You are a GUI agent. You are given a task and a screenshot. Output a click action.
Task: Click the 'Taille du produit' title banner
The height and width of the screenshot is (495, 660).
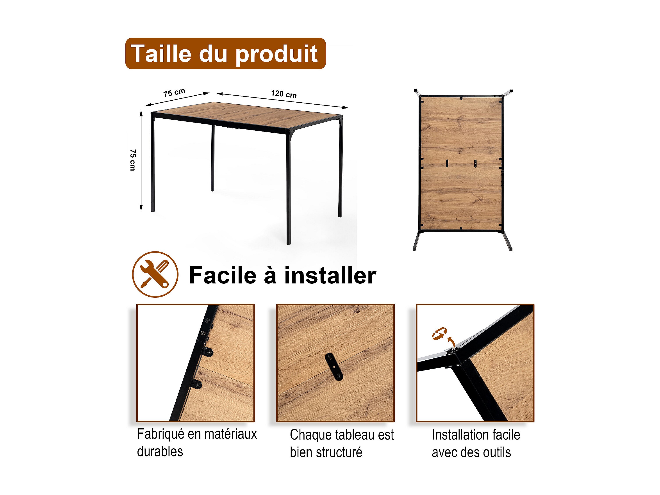coord(225,53)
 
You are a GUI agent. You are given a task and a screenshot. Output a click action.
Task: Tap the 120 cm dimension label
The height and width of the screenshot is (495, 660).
coord(284,94)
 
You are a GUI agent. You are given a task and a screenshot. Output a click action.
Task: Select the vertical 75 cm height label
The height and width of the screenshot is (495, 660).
coord(133,160)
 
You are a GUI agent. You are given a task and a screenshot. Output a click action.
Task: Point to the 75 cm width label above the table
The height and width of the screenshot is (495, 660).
coord(174,93)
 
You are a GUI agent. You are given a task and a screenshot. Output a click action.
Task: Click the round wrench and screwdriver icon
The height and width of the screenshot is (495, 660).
coord(155,274)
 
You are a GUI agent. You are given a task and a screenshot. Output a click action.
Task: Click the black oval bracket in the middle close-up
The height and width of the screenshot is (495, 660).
coord(334,367)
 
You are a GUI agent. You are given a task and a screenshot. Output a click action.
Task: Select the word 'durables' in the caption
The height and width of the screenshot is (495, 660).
coord(160,451)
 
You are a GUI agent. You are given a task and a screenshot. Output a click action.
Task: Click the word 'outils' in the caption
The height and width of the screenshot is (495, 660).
coord(497,452)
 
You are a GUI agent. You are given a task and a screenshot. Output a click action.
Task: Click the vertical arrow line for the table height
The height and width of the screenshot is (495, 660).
coord(141,160)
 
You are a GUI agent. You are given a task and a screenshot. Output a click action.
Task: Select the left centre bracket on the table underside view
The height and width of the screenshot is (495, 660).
coord(447,164)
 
